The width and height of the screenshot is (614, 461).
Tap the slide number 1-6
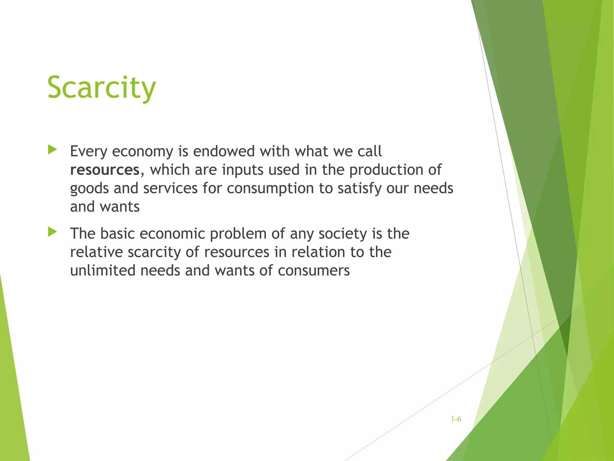click(456, 419)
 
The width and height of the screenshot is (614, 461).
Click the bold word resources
click(105, 170)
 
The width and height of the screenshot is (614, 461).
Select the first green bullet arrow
click(52, 150)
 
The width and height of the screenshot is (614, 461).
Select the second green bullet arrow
click(52, 232)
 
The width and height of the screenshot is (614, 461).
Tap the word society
click(343, 234)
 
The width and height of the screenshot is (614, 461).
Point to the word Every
click(88, 151)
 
